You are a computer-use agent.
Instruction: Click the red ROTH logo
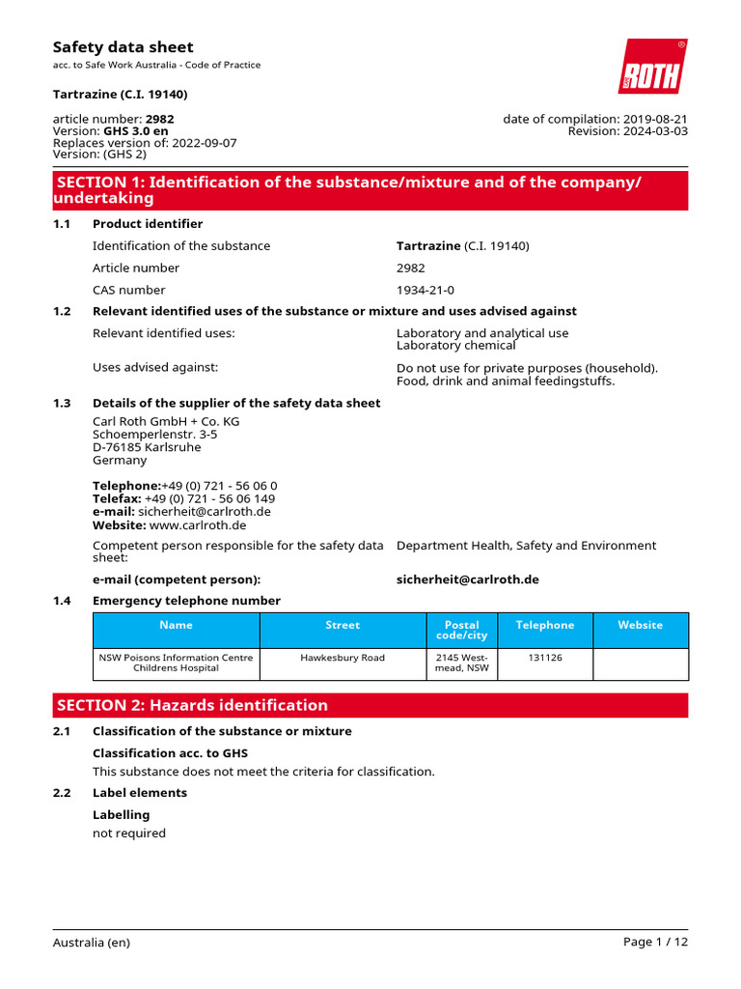point(653,67)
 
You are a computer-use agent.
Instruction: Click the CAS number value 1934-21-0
point(425,290)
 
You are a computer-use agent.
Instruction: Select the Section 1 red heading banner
point(370,190)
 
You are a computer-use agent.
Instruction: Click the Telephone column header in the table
point(544,625)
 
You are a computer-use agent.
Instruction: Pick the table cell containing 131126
point(544,658)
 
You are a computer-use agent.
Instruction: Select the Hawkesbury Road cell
point(343,658)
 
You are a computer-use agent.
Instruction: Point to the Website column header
point(641,625)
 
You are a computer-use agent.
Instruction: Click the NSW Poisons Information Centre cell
point(176,663)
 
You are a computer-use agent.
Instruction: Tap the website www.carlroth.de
point(198,525)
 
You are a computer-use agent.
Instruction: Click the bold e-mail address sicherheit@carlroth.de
point(467,579)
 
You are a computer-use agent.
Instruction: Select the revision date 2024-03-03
point(655,131)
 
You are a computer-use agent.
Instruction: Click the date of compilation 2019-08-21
point(655,119)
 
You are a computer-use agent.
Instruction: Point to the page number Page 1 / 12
point(655,943)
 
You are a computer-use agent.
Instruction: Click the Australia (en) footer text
point(91,943)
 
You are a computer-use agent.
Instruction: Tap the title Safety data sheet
point(123,46)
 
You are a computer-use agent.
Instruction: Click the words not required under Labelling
point(129,833)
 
